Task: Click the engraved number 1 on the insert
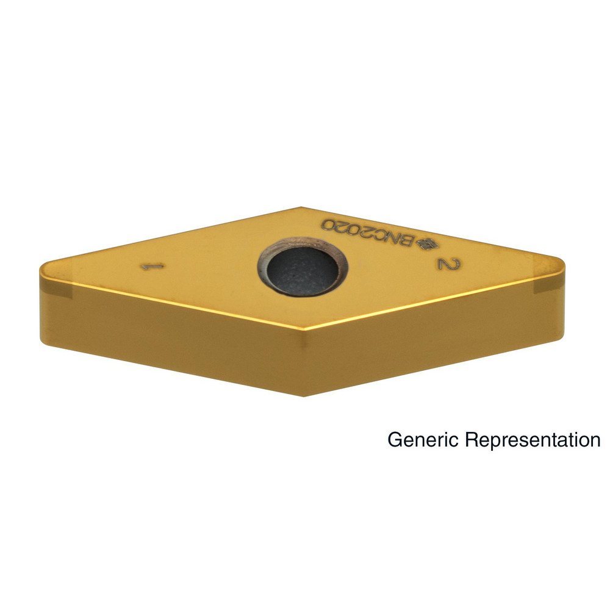[x=152, y=267]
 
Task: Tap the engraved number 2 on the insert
[x=449, y=264]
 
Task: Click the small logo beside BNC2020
[x=427, y=243]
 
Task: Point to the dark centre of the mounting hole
[x=303, y=271]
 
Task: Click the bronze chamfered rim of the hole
[x=302, y=242]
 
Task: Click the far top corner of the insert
[x=301, y=207]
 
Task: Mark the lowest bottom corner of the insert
[x=303, y=396]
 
